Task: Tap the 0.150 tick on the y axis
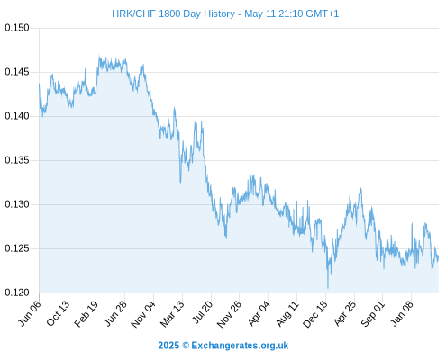(x=17, y=28)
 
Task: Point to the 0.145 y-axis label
(x=17, y=72)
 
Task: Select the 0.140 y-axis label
(x=17, y=116)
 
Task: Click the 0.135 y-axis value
(x=17, y=160)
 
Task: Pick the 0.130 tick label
(x=17, y=204)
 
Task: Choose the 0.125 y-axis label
(x=17, y=248)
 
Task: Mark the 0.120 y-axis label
(x=17, y=292)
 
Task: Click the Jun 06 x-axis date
(x=30, y=313)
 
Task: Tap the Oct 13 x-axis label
(x=58, y=313)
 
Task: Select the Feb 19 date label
(x=86, y=313)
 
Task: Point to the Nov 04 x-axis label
(x=143, y=314)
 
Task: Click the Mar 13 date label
(x=172, y=313)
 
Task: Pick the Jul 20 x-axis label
(x=203, y=312)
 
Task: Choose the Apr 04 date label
(x=259, y=313)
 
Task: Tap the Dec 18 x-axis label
(x=315, y=314)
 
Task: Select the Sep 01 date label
(x=373, y=313)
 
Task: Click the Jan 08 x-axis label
(x=402, y=313)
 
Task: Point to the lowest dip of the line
(x=328, y=288)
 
